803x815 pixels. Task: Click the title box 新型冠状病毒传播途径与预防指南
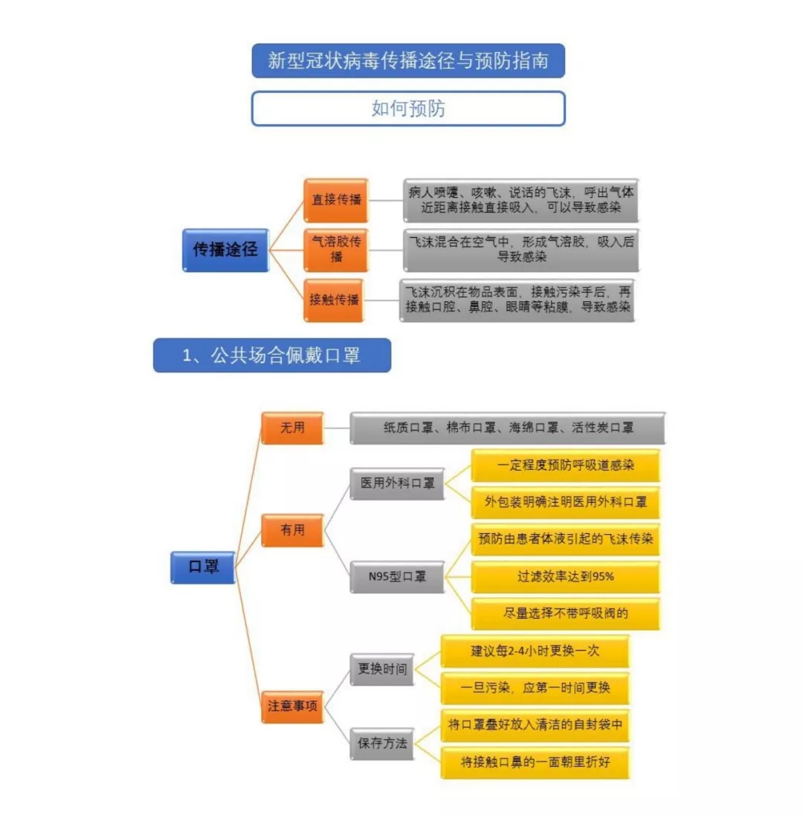(408, 61)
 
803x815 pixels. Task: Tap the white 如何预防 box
(408, 109)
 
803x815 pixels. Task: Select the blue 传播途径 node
(225, 250)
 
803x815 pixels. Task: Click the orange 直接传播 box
(336, 200)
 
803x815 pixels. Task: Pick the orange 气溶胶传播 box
(336, 250)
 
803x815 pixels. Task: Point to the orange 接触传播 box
(334, 300)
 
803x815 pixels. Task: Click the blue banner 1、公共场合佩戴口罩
(272, 355)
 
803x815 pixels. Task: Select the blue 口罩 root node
(203, 567)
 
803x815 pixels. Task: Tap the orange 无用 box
(293, 428)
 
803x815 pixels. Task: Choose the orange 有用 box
(293, 530)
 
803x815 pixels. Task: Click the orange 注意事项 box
(293, 707)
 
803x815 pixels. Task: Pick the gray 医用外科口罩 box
(398, 484)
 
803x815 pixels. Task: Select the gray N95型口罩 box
(398, 577)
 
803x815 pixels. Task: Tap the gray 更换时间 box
(382, 669)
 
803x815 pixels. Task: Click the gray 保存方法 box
(382, 744)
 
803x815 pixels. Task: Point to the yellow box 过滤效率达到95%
(566, 577)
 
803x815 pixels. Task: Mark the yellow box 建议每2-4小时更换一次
(535, 651)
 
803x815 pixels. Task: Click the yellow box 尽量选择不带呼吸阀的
(566, 613)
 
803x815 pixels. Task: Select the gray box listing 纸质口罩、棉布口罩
(508, 428)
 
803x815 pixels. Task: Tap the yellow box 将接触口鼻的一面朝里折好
(535, 762)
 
